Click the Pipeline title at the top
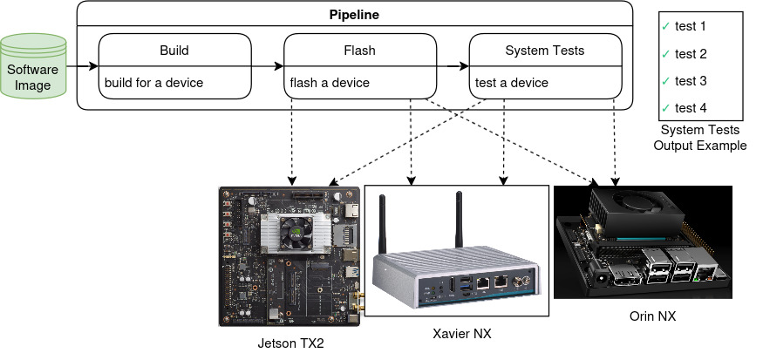tap(353, 16)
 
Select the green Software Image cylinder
tap(33, 66)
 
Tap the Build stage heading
tap(174, 51)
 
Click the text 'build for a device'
tap(153, 83)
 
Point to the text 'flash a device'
tap(330, 83)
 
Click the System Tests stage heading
tap(545, 51)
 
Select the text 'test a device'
tap(512, 83)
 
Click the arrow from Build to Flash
tap(268, 66)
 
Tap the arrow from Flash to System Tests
tap(453, 66)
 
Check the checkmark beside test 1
tap(666, 26)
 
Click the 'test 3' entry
tap(691, 81)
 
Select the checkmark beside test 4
tap(666, 108)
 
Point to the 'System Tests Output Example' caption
tap(700, 138)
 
